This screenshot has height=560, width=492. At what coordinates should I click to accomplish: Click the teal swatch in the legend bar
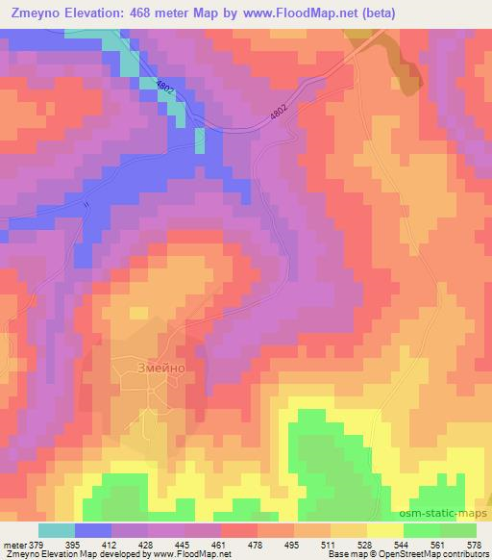pos(57,530)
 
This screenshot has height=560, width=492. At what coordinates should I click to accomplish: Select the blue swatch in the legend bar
pos(93,530)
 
